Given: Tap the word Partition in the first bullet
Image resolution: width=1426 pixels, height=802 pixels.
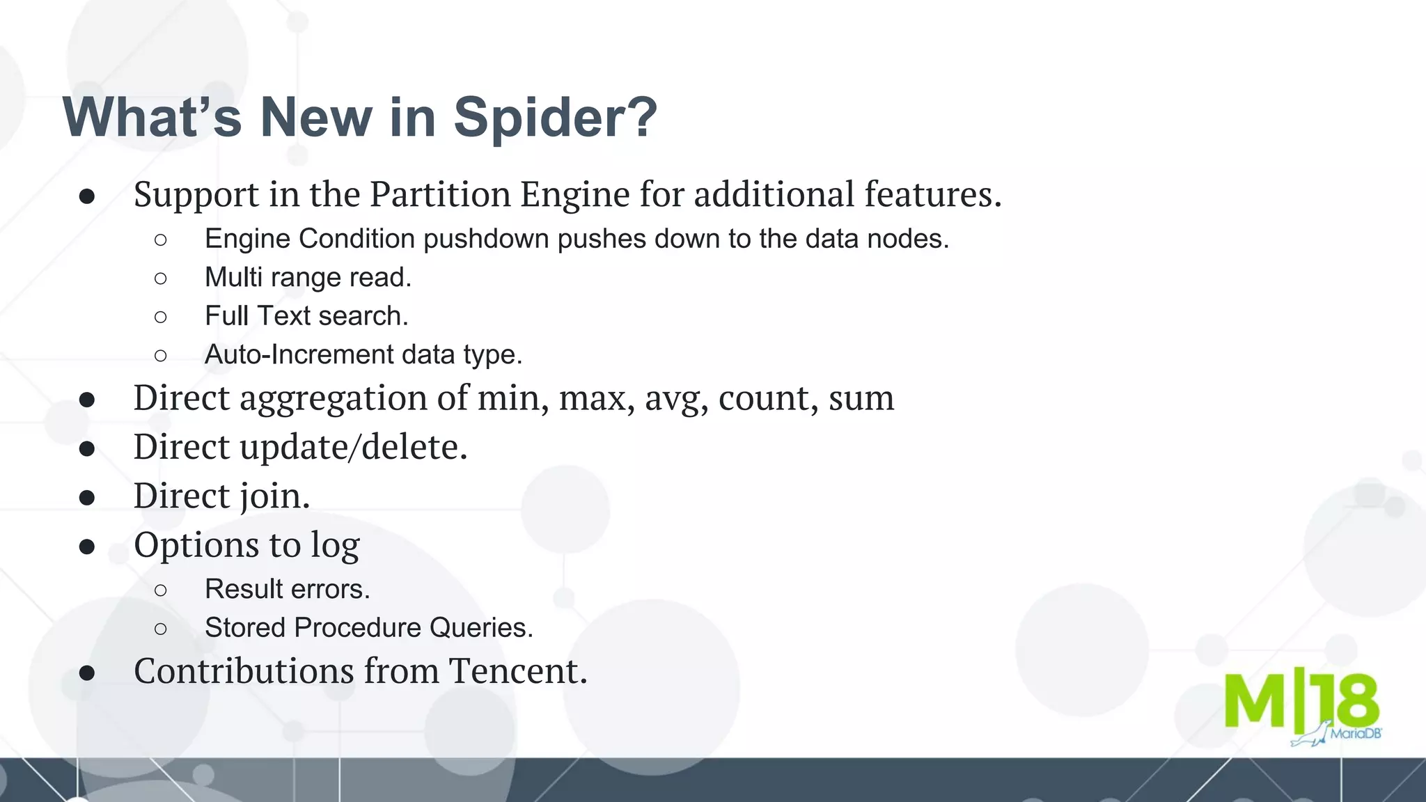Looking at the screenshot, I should click(440, 194).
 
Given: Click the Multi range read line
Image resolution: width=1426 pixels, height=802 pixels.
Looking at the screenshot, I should click(308, 278).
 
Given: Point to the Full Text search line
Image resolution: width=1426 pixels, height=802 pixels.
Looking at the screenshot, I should click(306, 316).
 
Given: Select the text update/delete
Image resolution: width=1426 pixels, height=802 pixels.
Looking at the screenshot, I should click(353, 447).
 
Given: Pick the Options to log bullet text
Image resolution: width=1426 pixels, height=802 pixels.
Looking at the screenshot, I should click(246, 545).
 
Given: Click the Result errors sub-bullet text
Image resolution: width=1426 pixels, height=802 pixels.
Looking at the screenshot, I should click(287, 590).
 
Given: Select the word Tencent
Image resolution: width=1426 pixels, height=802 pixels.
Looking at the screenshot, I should click(518, 671).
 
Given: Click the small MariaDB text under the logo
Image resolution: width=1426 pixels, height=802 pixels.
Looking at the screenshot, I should click(1355, 733).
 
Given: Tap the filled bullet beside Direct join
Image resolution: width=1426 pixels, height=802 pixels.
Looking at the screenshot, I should click(87, 497).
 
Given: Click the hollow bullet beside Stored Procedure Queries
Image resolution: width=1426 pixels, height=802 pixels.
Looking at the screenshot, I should click(161, 629).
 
